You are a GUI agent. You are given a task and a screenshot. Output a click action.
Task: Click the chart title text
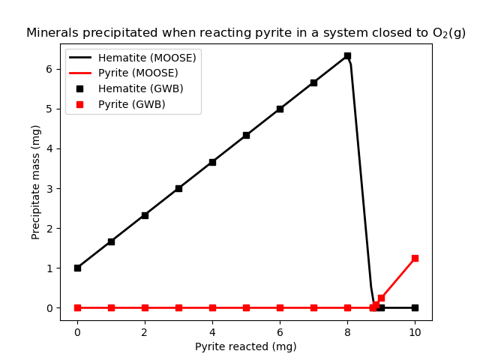[x=245, y=33]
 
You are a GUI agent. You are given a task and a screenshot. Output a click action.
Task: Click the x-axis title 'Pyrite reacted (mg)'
[x=245, y=346]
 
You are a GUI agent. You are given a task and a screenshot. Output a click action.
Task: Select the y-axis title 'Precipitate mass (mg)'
[x=36, y=182]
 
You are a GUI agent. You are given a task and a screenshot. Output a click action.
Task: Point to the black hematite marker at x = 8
[x=347, y=55]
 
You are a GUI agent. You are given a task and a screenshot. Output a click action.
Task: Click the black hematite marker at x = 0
[x=77, y=268]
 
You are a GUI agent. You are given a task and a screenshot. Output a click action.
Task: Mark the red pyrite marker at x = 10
[x=415, y=258]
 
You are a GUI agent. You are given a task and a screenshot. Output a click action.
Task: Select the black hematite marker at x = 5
[x=246, y=135]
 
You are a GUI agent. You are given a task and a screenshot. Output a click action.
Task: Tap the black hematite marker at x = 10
[x=415, y=307]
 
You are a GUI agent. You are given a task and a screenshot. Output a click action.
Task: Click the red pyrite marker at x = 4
[x=212, y=307]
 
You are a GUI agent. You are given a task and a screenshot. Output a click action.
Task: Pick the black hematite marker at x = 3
[x=178, y=188]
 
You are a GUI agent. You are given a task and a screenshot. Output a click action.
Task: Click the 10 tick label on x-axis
[x=415, y=331]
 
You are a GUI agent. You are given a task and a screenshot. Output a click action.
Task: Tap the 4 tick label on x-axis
[x=212, y=331]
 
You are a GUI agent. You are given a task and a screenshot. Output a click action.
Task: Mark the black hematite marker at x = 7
[x=313, y=82]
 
